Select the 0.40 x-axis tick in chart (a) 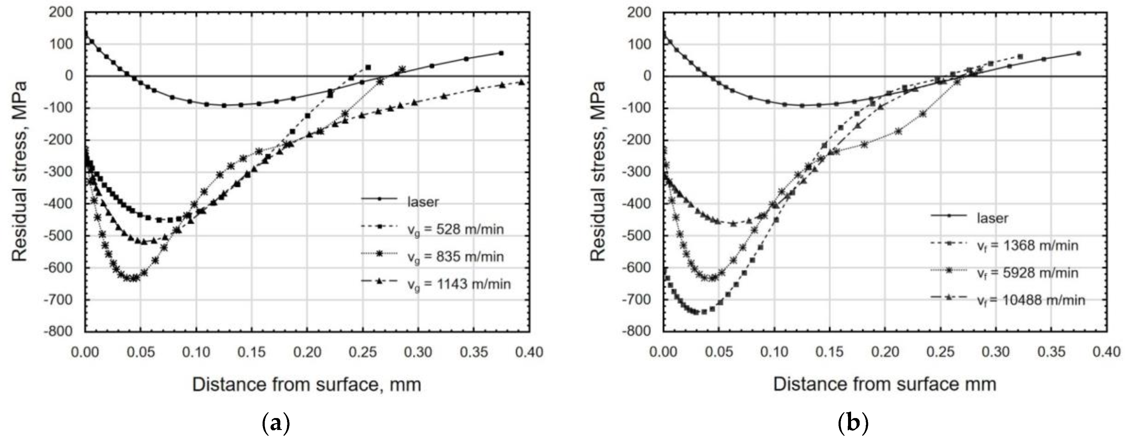(x=529, y=352)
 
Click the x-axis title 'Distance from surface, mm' (x=307, y=385)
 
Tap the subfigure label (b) (x=853, y=423)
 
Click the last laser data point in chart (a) (x=501, y=53)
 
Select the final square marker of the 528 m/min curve (x=368, y=67)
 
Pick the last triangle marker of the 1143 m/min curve (x=521, y=82)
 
